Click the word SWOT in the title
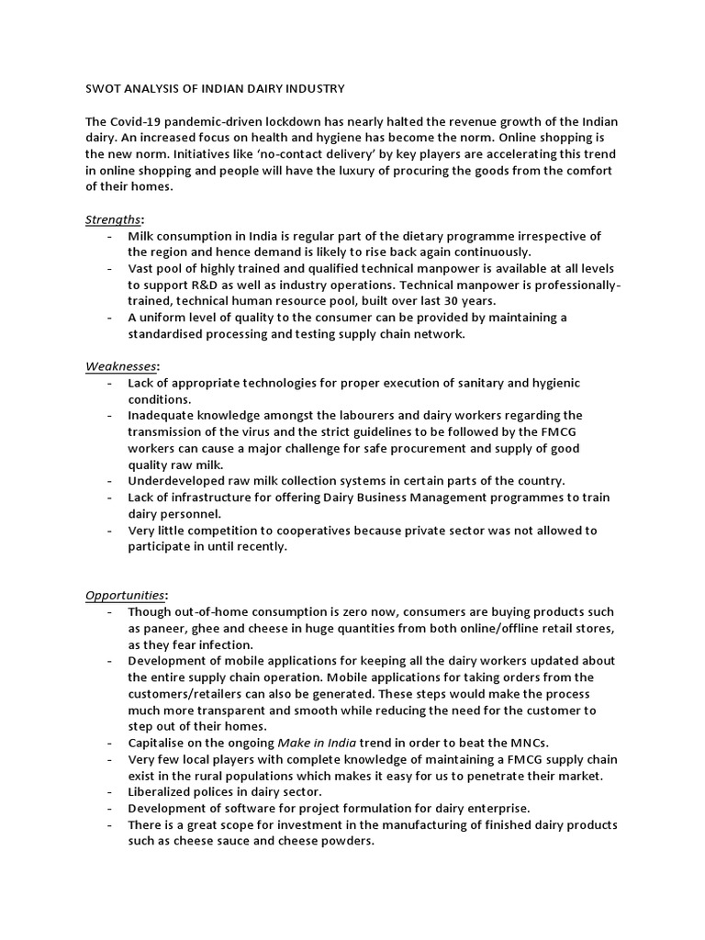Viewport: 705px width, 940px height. [x=104, y=89]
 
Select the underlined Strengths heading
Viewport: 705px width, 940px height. [x=113, y=219]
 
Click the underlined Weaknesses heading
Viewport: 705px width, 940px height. [x=121, y=366]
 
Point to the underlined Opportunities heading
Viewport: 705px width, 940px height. [x=126, y=595]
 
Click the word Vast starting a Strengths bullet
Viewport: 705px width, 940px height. [x=143, y=269]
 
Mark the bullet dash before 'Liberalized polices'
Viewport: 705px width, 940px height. [x=110, y=791]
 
